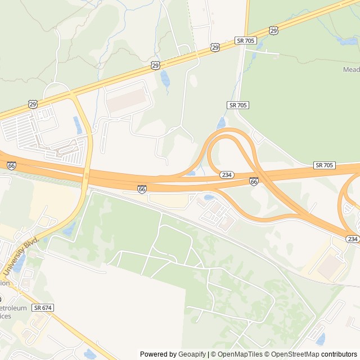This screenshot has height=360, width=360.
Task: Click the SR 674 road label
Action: pyautogui.click(x=43, y=308)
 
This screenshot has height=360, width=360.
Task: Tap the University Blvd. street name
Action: pyautogui.click(x=20, y=256)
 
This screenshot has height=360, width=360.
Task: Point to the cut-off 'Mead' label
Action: pyautogui.click(x=351, y=69)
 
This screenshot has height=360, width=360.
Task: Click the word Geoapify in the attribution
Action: pyautogui.click(x=192, y=354)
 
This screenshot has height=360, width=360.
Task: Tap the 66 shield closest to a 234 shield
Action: pyautogui.click(x=254, y=181)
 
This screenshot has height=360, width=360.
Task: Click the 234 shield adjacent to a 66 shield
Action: pyautogui.click(x=227, y=175)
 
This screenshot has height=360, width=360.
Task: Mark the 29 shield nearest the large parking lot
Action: pyautogui.click(x=34, y=104)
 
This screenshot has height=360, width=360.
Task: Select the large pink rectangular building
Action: pyautogui.click(x=128, y=102)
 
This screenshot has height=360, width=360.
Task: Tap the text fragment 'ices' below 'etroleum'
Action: pyautogui.click(x=6, y=317)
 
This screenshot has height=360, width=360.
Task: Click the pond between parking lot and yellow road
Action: pyautogui.click(x=77, y=125)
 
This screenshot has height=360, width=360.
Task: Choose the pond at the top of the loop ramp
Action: pyautogui.click(x=221, y=123)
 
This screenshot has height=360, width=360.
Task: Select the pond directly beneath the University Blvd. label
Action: pyautogui.click(x=19, y=264)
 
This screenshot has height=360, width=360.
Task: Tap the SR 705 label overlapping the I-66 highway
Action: pyautogui.click(x=325, y=165)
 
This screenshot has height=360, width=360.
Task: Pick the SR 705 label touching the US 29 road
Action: pyautogui.click(x=245, y=40)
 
